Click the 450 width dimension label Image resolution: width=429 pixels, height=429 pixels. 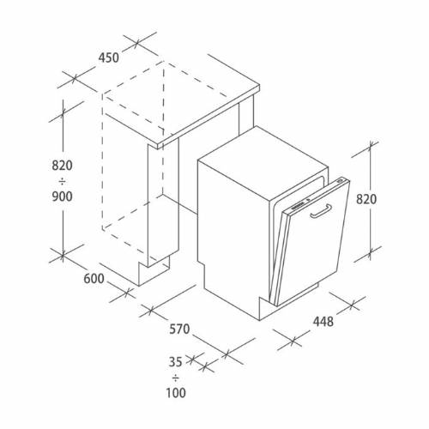click(109, 57)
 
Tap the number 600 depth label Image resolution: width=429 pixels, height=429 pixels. click(94, 279)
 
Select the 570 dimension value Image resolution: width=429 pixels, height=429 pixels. click(179, 329)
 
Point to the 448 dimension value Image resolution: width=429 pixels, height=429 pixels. click(323, 322)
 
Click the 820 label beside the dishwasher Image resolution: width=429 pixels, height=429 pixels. click(366, 199)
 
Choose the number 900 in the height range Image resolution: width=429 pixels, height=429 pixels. click(62, 196)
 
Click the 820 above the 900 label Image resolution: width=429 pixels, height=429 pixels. click(62, 166)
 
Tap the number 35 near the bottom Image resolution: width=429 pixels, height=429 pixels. click(175, 362)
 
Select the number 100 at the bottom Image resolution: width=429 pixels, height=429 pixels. click(176, 393)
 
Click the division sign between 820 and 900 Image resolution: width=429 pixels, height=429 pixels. click(62, 181)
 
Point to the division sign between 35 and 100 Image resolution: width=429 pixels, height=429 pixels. click(176, 378)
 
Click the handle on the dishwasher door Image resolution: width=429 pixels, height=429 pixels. click(321, 211)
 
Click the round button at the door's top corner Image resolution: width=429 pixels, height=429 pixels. click(341, 181)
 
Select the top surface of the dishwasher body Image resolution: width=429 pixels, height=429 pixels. click(263, 163)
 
